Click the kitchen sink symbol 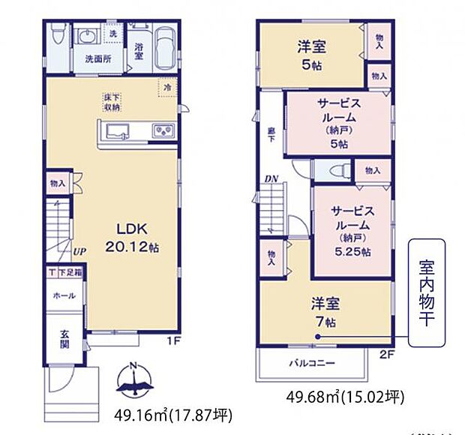pyautogui.click(x=119, y=133)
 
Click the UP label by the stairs pyautogui.click(x=79, y=251)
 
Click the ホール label pyautogui.click(x=64, y=295)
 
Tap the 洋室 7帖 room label pyautogui.click(x=326, y=310)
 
